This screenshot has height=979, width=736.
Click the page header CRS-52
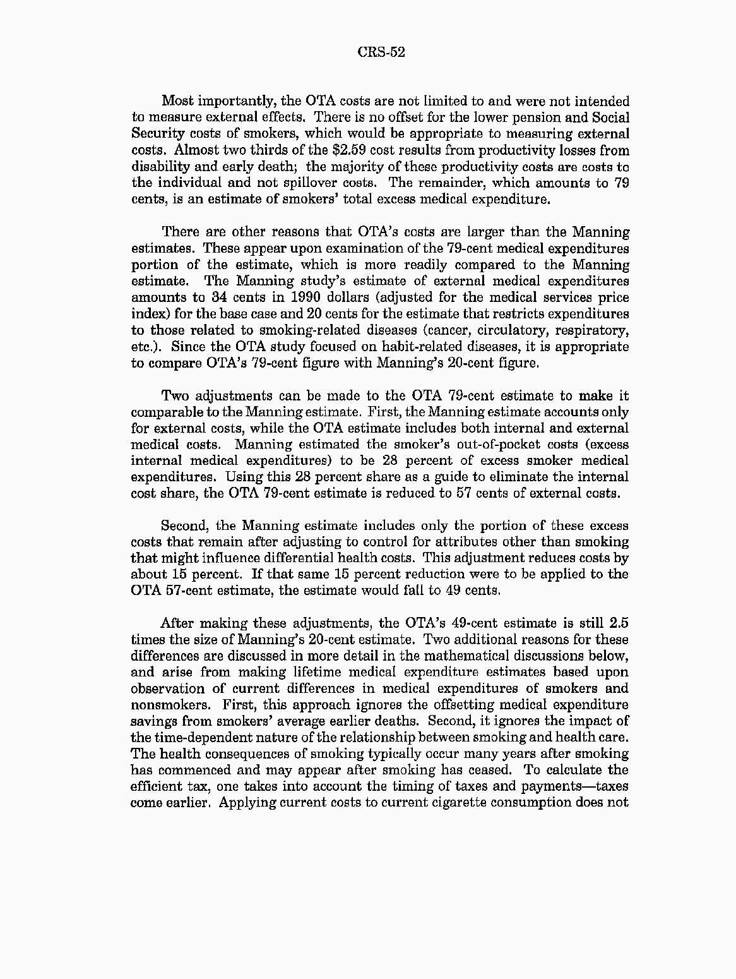click(381, 52)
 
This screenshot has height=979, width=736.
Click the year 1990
click(289, 297)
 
